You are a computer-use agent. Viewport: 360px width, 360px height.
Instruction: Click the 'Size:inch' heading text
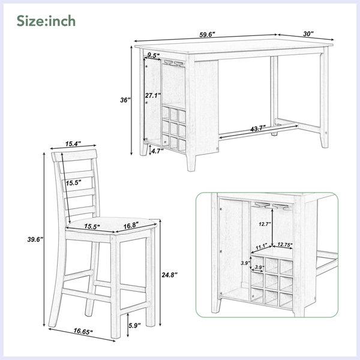click(46, 21)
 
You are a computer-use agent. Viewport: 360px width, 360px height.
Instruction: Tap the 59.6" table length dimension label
click(207, 35)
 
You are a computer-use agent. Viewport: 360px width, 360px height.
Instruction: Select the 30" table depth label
click(308, 34)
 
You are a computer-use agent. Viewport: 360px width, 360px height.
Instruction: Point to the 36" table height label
click(125, 100)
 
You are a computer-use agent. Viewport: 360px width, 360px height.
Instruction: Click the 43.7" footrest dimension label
click(258, 129)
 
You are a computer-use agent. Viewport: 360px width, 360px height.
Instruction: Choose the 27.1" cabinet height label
click(153, 95)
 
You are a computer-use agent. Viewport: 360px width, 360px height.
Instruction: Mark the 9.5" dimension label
click(154, 55)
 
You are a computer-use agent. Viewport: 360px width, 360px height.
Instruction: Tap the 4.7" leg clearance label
click(157, 151)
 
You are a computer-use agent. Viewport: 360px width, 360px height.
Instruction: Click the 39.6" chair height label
click(35, 239)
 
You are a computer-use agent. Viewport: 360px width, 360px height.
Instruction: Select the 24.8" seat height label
click(170, 275)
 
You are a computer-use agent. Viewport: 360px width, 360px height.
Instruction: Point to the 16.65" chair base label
click(83, 331)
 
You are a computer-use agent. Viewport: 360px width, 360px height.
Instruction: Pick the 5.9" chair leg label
click(134, 325)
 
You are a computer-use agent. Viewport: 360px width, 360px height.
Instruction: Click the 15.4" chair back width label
click(73, 144)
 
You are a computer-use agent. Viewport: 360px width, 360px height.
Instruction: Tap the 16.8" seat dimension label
click(131, 226)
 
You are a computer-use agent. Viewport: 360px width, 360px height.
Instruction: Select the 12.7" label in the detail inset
click(265, 224)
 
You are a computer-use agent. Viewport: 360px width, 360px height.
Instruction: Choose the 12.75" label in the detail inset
click(284, 245)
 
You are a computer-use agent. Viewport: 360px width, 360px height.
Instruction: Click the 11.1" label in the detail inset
click(261, 247)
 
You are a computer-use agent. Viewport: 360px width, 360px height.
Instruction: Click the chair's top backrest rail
click(74, 155)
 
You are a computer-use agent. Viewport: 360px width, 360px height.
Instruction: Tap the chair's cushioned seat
click(112, 225)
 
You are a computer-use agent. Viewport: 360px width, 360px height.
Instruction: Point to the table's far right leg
click(324, 97)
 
